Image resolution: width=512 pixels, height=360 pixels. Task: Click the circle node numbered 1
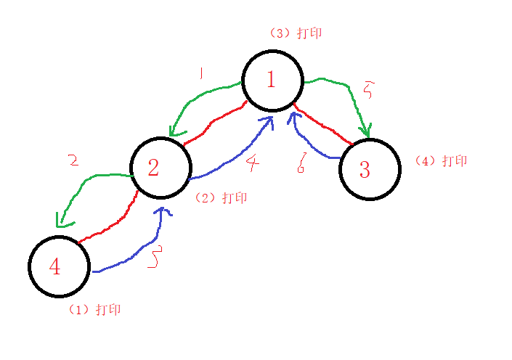click(272, 80)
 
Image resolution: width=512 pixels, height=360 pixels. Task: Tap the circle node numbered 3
click(369, 170)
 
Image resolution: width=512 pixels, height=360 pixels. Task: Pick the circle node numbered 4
click(60, 266)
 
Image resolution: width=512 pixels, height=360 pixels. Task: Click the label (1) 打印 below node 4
click(95, 309)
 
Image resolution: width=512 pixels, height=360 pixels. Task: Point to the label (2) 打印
click(222, 197)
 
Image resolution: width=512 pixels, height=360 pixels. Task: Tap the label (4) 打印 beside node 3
click(441, 160)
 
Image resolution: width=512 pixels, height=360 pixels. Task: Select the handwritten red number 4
click(251, 163)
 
